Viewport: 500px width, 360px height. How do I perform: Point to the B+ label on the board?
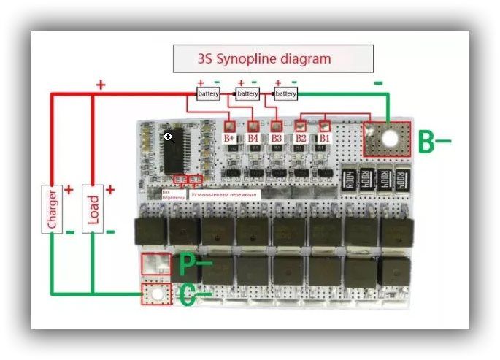230,137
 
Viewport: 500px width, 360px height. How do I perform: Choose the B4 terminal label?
253,137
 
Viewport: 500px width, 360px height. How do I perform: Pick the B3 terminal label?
277,137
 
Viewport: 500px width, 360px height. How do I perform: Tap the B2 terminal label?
301,137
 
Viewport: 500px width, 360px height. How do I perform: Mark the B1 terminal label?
325,137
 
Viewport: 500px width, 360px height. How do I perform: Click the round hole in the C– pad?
155,295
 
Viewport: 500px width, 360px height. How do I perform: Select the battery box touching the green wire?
285,94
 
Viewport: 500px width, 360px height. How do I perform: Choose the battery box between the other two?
247,94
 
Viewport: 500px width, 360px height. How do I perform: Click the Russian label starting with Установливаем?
224,195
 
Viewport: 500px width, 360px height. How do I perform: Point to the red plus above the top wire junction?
101,85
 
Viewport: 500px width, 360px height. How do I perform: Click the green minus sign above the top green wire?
378,83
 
